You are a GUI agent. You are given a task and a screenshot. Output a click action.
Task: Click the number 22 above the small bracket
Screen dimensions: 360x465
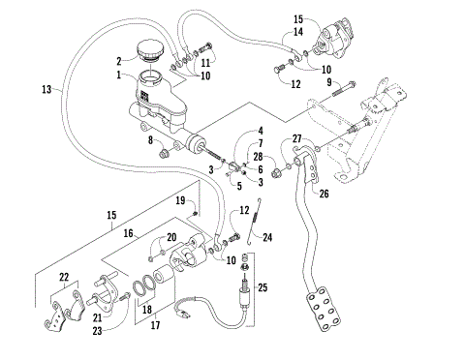tap(66, 278)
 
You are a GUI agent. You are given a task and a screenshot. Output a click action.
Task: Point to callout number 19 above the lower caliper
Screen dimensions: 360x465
tap(180, 201)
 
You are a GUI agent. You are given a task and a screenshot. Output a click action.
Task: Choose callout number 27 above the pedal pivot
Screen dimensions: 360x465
tap(297, 138)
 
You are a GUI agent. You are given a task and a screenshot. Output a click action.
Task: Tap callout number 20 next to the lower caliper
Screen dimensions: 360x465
tap(171, 238)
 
